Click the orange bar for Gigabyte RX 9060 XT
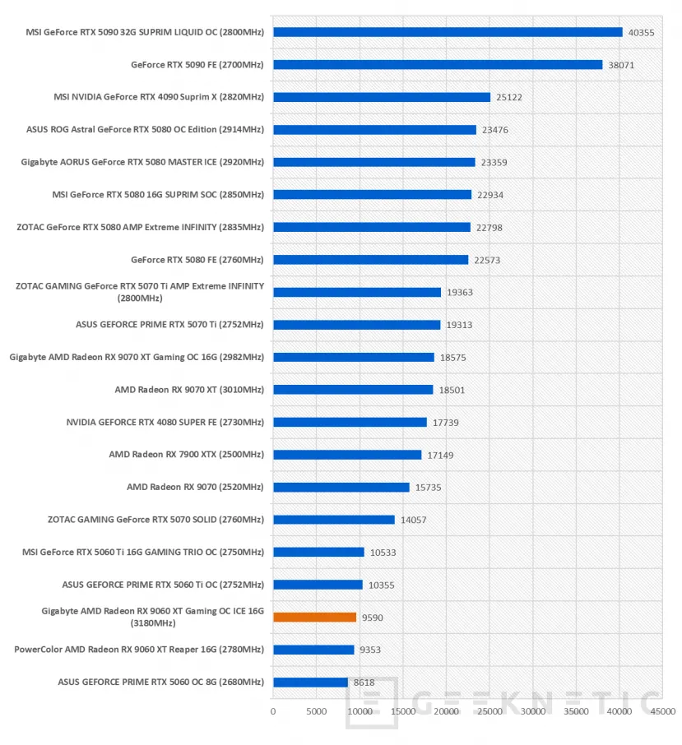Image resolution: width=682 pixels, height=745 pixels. click(314, 617)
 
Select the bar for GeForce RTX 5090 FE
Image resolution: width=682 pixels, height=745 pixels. click(438, 64)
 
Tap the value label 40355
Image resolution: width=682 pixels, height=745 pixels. click(641, 32)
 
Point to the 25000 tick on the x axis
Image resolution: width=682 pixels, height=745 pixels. click(489, 710)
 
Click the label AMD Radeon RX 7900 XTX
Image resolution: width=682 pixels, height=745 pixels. click(186, 455)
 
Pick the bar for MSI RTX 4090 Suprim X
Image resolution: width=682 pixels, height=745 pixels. click(382, 97)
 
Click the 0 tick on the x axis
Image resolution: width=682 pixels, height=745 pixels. click(273, 710)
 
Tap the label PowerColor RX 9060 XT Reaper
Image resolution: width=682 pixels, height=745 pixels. click(139, 650)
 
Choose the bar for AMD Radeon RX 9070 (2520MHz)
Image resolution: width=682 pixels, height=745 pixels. click(341, 487)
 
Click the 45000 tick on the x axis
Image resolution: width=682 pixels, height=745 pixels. click(663, 710)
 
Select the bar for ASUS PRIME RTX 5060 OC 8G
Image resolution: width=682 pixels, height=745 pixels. click(310, 683)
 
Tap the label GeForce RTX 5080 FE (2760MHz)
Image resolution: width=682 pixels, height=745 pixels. click(197, 260)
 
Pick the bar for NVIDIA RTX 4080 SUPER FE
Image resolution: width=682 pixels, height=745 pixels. click(350, 422)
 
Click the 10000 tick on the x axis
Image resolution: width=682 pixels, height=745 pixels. click(360, 710)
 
